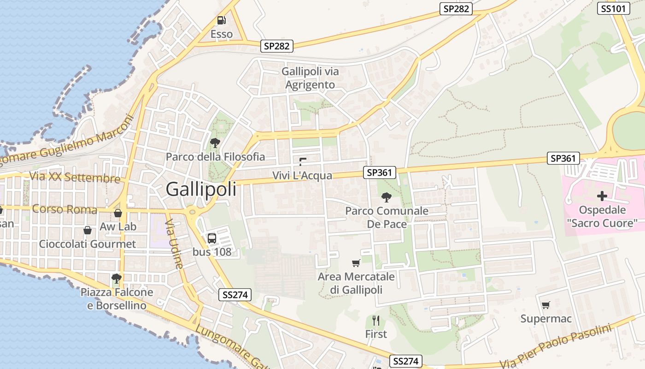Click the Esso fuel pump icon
(222, 20)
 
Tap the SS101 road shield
(613, 8)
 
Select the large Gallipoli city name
(201, 189)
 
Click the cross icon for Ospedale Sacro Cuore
(602, 196)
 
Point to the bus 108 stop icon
(212, 238)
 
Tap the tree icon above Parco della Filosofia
(215, 143)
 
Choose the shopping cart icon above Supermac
(546, 304)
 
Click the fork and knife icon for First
(376, 320)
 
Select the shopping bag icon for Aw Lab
(118, 213)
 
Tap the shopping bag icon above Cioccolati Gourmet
(88, 230)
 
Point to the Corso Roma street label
(65, 209)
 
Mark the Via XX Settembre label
(75, 177)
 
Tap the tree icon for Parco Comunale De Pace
(387, 197)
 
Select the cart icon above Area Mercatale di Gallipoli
(356, 263)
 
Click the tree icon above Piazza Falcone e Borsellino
(117, 278)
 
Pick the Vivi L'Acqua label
(302, 175)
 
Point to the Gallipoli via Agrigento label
(310, 78)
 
